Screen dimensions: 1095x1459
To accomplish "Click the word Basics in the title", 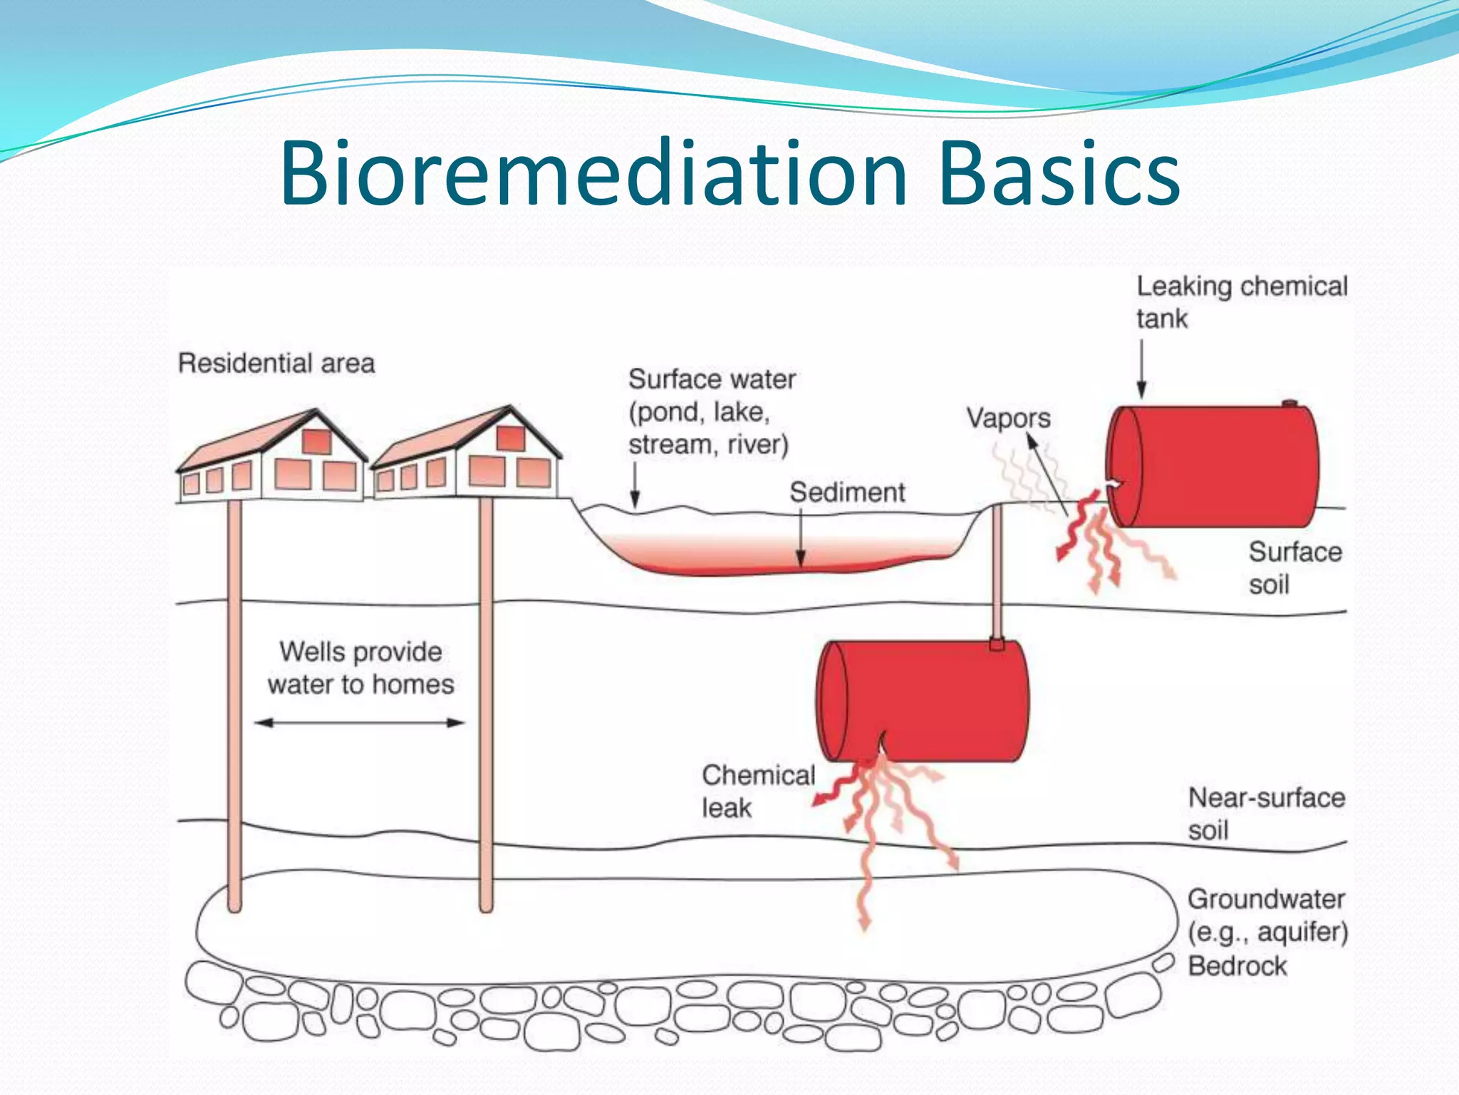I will (x=1059, y=174).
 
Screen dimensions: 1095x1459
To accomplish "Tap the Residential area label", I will (x=276, y=364).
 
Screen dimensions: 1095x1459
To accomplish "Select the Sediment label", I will (x=847, y=493).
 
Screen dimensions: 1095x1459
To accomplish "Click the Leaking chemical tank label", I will (x=1241, y=302).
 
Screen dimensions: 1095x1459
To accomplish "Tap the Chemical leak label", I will (x=757, y=791).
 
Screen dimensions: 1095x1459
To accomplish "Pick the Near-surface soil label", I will (x=1266, y=813).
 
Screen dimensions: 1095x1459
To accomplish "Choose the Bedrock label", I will (x=1237, y=966).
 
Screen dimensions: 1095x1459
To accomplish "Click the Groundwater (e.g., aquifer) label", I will (x=1267, y=915).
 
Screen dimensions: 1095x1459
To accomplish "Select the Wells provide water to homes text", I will (x=361, y=668).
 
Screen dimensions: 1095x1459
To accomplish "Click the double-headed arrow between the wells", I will (x=360, y=723).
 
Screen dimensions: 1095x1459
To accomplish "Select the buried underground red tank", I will (x=923, y=701).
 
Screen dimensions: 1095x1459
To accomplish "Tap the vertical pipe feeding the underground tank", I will (x=997, y=570).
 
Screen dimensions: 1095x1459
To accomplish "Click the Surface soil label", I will (x=1294, y=568).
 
